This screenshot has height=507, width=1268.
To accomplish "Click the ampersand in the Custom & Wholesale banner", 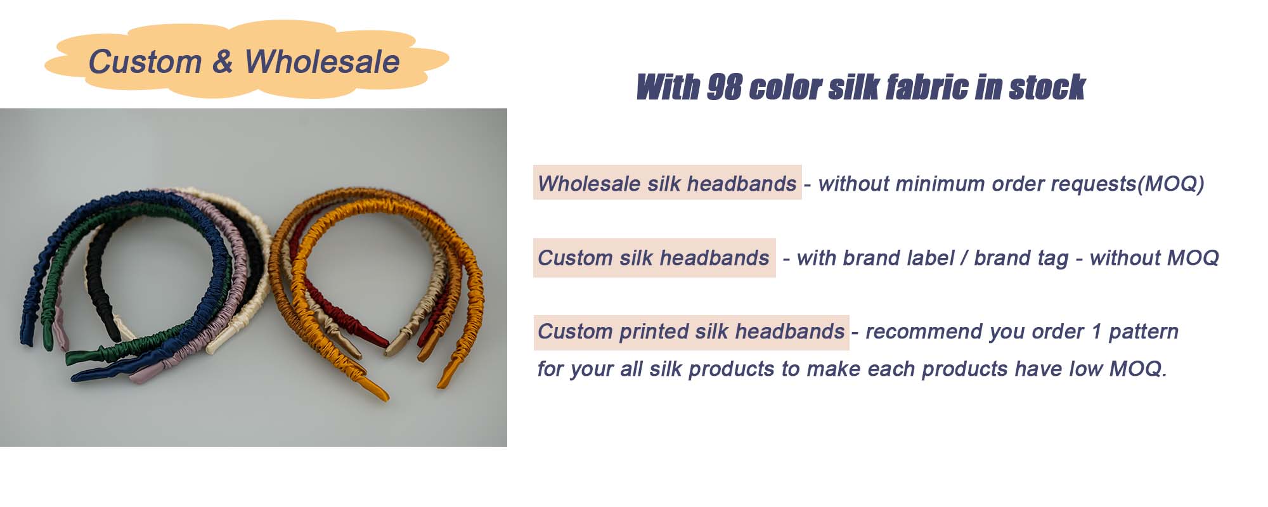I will [223, 62].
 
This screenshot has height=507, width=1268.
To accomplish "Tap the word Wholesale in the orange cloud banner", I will [322, 62].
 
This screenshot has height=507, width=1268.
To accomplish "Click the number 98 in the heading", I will [724, 87].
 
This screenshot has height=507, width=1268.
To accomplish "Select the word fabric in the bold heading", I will [926, 87].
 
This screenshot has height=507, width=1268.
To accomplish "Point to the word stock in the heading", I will [1047, 87].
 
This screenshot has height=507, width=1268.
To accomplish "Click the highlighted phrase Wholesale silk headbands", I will [667, 184].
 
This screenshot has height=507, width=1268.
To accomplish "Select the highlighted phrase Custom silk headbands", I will [654, 258].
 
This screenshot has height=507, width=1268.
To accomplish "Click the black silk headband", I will [95, 279].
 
